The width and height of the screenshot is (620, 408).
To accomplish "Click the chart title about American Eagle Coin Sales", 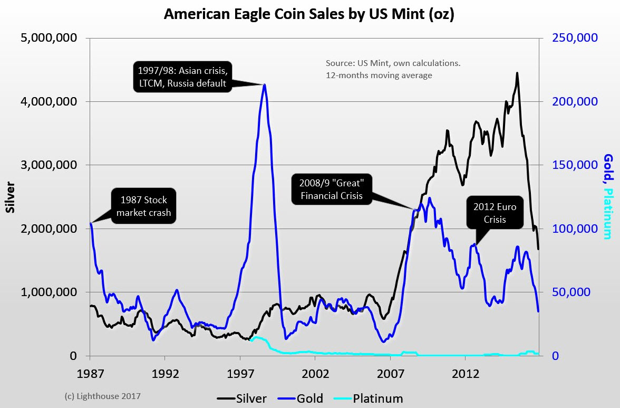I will [x=309, y=14].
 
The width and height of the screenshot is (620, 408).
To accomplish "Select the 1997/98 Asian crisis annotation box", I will [x=181, y=77].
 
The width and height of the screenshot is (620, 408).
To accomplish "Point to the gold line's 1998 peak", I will [x=264, y=84].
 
